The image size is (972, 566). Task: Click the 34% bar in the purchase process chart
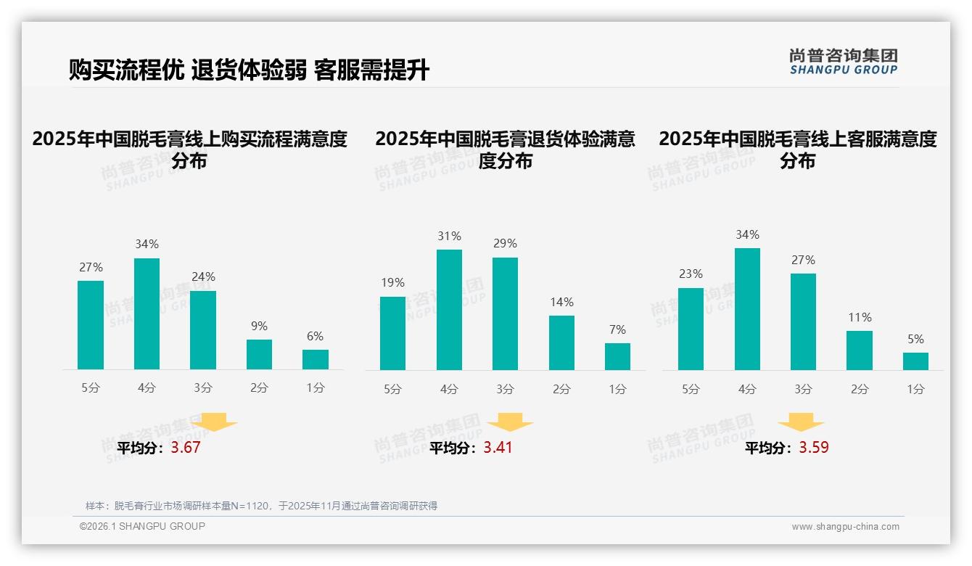tap(147, 313)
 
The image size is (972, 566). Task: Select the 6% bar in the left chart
tap(316, 359)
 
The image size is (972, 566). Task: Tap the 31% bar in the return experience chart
tap(449, 310)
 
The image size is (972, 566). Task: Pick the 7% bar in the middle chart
tap(617, 356)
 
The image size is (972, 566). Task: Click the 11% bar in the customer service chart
tap(860, 350)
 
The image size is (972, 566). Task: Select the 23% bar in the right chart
tap(691, 329)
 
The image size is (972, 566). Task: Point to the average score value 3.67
tap(186, 448)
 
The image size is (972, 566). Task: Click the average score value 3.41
tap(498, 448)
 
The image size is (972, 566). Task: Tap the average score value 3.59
tap(814, 448)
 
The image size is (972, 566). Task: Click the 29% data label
tap(505, 244)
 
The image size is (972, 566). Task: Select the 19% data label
tap(392, 283)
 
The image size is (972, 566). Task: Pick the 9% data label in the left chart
tap(259, 327)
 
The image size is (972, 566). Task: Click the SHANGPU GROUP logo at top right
tap(843, 62)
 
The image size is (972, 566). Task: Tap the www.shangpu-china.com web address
tap(845, 527)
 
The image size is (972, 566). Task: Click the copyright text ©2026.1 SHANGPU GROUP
tap(142, 526)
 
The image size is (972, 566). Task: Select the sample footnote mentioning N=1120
tap(261, 506)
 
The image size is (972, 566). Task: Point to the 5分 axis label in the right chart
tap(691, 390)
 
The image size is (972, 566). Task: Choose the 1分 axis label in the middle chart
tap(617, 390)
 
